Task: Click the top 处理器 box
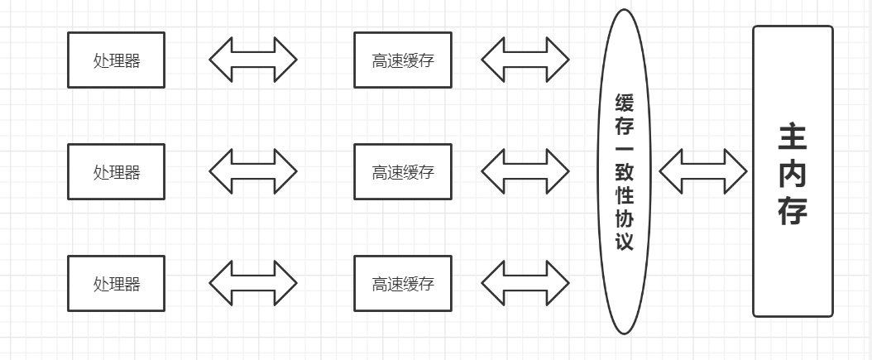116,60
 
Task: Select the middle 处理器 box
116,172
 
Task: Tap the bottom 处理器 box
116,283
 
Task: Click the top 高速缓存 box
403,60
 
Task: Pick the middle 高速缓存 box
403,172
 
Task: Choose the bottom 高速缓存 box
403,283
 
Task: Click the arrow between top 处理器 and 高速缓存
252,60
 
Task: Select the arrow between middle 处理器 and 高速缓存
252,172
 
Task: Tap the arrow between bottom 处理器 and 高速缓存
252,283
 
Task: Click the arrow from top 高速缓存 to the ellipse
525,60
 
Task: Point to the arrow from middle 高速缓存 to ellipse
525,172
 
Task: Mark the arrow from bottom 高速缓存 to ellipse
525,283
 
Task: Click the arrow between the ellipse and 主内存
703,171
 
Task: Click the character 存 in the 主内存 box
792,211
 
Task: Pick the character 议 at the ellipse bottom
625,242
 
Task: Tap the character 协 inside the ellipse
625,220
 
